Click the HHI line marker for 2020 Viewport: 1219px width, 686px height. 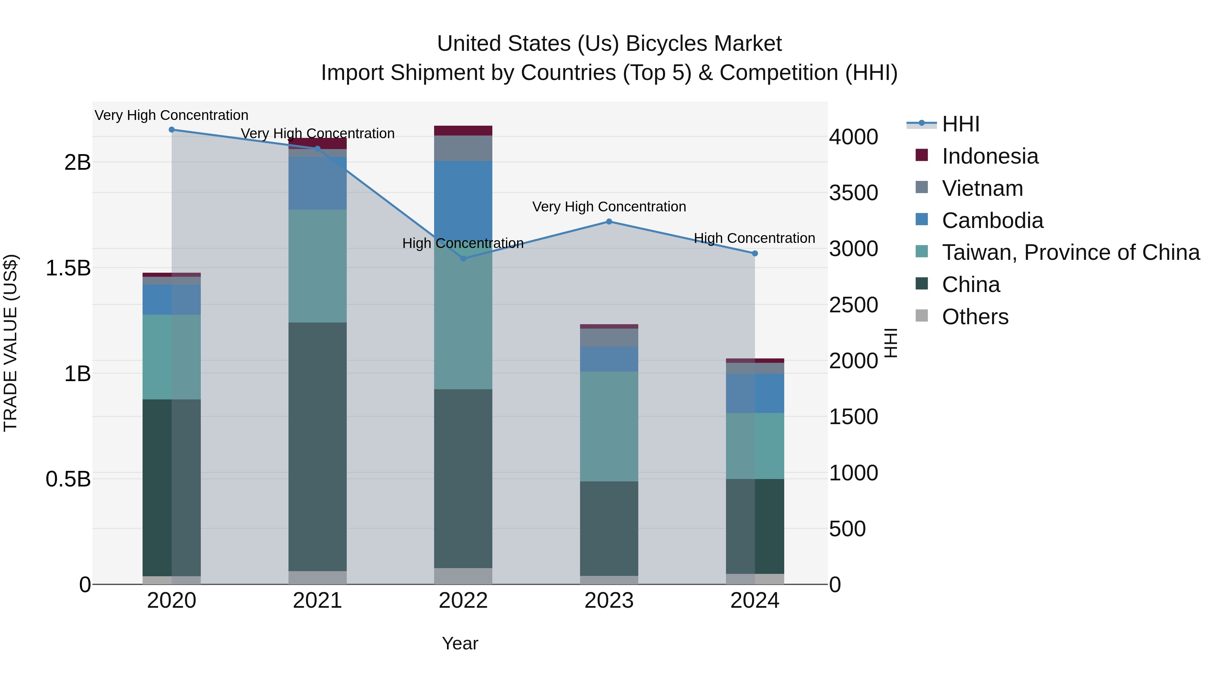click(172, 130)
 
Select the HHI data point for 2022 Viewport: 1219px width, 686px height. click(463, 258)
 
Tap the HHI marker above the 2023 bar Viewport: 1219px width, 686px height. click(609, 222)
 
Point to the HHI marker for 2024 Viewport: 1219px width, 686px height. click(755, 254)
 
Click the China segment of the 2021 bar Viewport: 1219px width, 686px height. click(318, 446)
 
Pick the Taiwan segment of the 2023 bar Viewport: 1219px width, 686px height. click(609, 426)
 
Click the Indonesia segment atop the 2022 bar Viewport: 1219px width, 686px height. click(463, 131)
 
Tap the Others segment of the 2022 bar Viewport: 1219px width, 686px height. click(463, 576)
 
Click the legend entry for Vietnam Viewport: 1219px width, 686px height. click(982, 188)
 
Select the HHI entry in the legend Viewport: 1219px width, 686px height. click(960, 124)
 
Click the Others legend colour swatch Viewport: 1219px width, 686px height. click(921, 316)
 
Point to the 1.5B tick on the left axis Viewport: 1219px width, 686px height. click(68, 268)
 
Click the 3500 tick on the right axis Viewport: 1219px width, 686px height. click(853, 193)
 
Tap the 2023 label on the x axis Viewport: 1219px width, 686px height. click(609, 601)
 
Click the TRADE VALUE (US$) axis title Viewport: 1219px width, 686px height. click(11, 343)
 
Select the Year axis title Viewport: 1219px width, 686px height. click(460, 644)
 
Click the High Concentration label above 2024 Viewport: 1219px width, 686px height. click(754, 238)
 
